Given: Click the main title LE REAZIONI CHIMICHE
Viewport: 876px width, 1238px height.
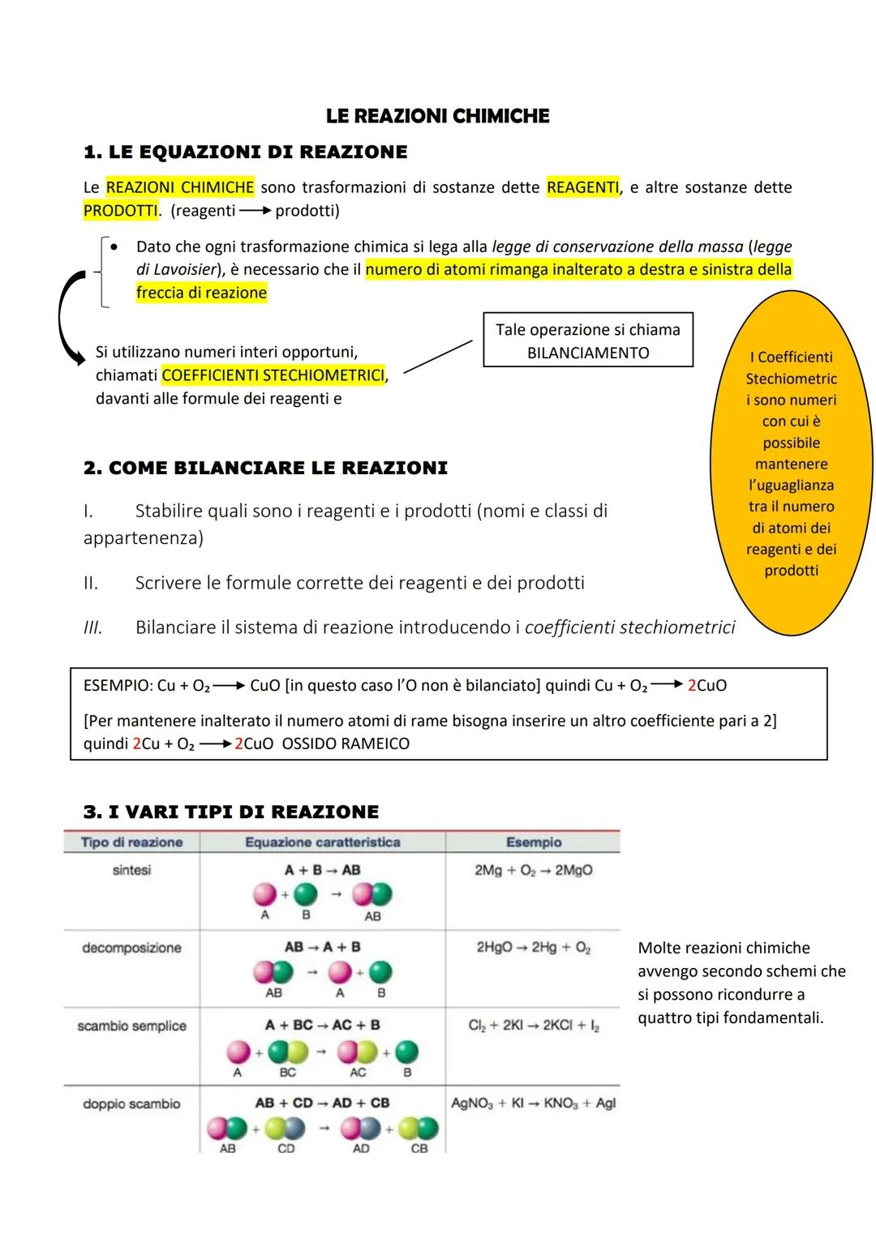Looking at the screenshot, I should coord(437,116).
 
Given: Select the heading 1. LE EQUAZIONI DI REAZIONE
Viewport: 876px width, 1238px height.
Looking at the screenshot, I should coord(245,152).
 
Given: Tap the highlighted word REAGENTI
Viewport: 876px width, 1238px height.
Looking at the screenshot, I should coord(582,187).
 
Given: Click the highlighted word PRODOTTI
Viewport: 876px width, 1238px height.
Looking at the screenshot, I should coord(120,211).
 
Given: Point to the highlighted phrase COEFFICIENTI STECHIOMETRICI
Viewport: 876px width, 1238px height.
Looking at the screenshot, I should coord(273,375).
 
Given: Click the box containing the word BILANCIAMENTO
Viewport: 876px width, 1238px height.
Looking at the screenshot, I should coord(587,341).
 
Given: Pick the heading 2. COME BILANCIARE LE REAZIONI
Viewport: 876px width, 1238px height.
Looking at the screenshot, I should coord(265,468).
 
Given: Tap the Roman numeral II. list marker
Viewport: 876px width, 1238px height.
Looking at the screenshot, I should coord(91,583).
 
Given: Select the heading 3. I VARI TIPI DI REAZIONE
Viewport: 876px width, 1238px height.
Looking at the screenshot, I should coord(231,812).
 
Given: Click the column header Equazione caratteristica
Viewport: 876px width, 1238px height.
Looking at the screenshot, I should coord(322,842).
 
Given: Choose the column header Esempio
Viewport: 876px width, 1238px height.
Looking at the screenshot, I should coord(533,842).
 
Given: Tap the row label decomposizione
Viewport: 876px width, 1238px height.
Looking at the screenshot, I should coord(131,948).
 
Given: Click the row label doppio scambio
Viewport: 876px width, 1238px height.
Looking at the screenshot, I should coord(131,1103).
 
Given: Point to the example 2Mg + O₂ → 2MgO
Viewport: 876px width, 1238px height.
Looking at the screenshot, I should coord(533,870).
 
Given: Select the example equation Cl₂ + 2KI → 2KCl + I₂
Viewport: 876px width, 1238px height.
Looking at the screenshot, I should coord(533,1026).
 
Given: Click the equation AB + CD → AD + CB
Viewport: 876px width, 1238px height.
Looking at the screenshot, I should coord(322,1103).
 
